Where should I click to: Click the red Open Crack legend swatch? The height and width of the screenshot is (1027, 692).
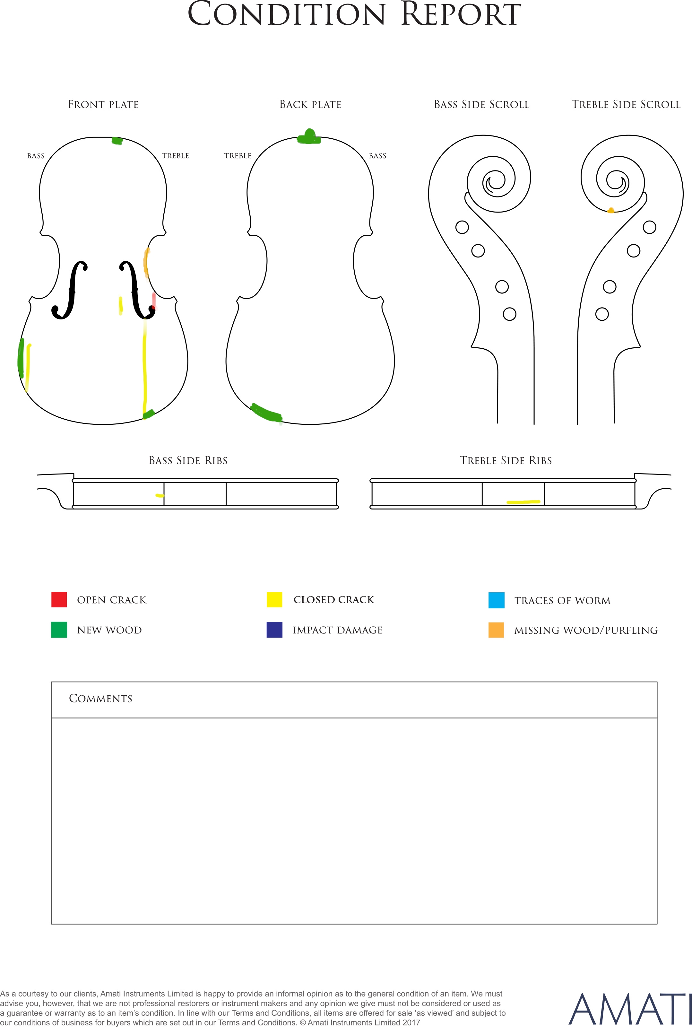tap(59, 599)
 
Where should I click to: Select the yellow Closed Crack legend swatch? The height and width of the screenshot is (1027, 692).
tap(274, 599)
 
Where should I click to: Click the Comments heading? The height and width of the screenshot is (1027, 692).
tap(101, 698)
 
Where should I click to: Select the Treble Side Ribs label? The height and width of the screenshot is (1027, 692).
tap(506, 460)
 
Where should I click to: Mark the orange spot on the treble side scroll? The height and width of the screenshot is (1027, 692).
tap(611, 211)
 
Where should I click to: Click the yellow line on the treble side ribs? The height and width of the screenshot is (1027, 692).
tap(523, 502)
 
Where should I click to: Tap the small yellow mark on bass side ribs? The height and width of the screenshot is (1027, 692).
tap(160, 496)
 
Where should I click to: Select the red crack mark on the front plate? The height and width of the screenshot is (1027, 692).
tap(153, 300)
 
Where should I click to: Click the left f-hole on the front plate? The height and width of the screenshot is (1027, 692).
tap(70, 290)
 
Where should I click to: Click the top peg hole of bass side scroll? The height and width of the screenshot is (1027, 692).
tap(462, 227)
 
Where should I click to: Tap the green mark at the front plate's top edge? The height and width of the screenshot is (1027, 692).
tap(117, 141)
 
